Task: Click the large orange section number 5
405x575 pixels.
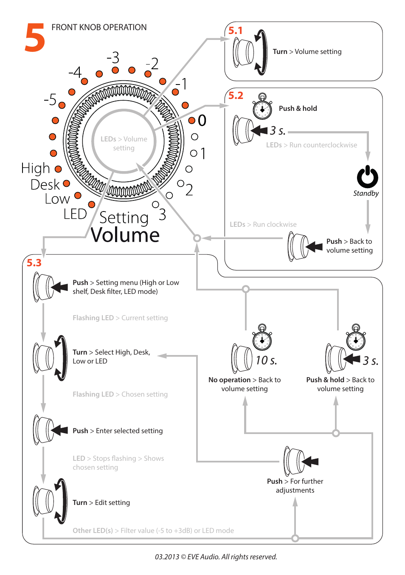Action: (x=35, y=38)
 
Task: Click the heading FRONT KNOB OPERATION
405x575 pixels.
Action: (x=99, y=28)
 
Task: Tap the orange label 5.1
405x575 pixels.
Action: (x=235, y=31)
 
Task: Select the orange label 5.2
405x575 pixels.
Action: (x=236, y=96)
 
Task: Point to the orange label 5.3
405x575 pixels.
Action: (x=34, y=263)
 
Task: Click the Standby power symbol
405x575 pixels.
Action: (x=367, y=177)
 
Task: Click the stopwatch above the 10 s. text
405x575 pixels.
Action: (x=262, y=338)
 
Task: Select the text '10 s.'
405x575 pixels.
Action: (x=266, y=361)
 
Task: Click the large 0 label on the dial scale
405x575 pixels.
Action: (x=202, y=121)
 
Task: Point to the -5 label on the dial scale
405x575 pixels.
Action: (x=50, y=100)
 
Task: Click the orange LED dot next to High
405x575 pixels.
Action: (x=58, y=169)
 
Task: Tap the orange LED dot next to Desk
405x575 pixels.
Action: (x=67, y=183)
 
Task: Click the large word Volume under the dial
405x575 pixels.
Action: (x=125, y=235)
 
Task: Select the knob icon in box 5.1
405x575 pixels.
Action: (x=244, y=53)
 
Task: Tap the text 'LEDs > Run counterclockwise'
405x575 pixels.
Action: (x=311, y=145)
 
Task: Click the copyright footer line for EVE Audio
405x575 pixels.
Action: (x=216, y=557)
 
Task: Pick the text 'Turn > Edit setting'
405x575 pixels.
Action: (x=101, y=503)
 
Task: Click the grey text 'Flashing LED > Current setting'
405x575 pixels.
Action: (x=120, y=318)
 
